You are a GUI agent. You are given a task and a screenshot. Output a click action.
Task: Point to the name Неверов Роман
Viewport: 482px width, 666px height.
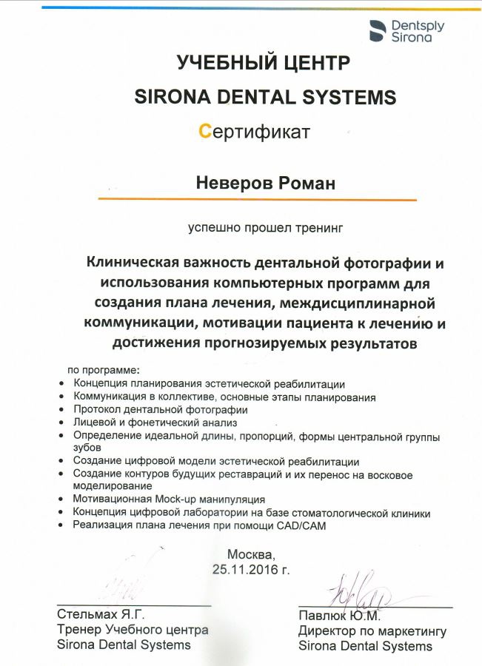pyautogui.click(x=265, y=183)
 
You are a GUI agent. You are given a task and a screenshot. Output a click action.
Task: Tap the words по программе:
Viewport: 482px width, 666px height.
pyautogui.click(x=103, y=369)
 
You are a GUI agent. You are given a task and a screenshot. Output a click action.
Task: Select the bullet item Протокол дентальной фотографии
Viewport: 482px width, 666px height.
pyautogui.click(x=160, y=409)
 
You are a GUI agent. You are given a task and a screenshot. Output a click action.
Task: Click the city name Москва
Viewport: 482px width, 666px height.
pyautogui.click(x=251, y=554)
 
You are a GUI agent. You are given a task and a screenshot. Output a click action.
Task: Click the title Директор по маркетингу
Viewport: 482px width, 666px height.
pyautogui.click(x=372, y=630)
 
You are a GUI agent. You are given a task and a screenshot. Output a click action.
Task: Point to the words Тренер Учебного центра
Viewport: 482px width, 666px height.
pyautogui.click(x=133, y=630)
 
